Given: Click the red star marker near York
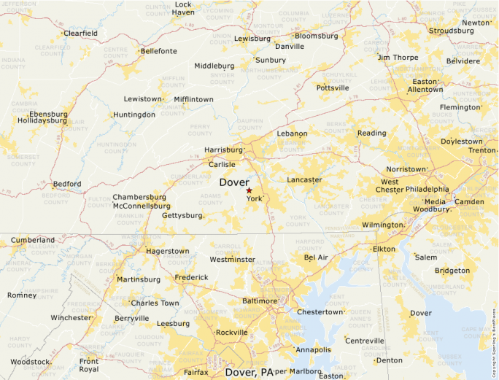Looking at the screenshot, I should [x=249, y=190].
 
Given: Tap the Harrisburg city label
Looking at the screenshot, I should [x=223, y=150].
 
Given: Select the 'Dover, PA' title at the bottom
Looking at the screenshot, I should [x=249, y=372].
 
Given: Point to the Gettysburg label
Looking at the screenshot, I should [x=181, y=216].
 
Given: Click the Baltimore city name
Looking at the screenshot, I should [x=260, y=300].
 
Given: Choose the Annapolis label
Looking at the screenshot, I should [x=313, y=349].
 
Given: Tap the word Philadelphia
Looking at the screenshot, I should [x=428, y=189].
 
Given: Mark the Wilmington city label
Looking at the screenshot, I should [x=382, y=225].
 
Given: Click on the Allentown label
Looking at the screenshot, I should [x=425, y=90].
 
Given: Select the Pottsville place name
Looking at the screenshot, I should [x=333, y=88].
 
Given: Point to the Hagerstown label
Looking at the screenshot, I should [x=168, y=251].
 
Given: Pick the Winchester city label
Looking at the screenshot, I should [x=71, y=318].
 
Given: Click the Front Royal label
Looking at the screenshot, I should [x=89, y=365].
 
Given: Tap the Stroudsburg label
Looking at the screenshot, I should [x=451, y=31].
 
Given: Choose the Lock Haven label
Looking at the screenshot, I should [x=183, y=8].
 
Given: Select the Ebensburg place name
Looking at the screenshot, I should [x=48, y=115].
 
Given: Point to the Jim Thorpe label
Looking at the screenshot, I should [x=398, y=57].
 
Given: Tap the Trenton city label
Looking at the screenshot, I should [x=481, y=150].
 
